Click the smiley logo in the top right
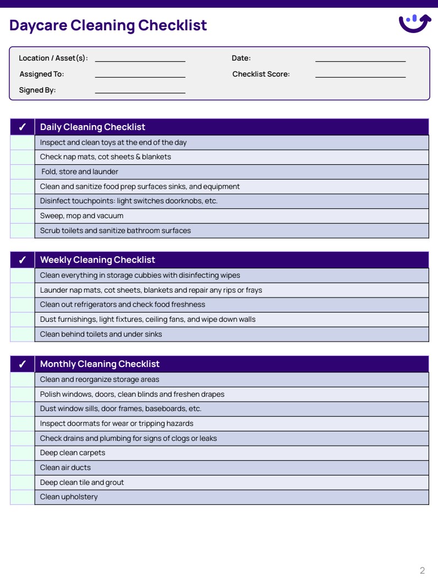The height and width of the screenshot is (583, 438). pyautogui.click(x=414, y=23)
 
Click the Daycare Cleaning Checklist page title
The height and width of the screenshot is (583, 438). pyautogui.click(x=108, y=25)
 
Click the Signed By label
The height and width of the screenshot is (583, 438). pyautogui.click(x=37, y=90)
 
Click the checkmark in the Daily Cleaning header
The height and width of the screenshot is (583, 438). pyautogui.click(x=23, y=127)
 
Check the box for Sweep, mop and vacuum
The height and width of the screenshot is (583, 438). pyautogui.click(x=23, y=216)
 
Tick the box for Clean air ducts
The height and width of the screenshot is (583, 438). pyautogui.click(x=23, y=468)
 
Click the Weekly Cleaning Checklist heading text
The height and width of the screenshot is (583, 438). pyautogui.click(x=97, y=260)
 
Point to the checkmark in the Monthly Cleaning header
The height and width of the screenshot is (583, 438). pyautogui.click(x=23, y=364)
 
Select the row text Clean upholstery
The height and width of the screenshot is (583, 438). pyautogui.click(x=69, y=497)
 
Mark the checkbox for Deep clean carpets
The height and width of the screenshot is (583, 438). pyautogui.click(x=23, y=453)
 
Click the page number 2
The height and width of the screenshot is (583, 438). pyautogui.click(x=422, y=570)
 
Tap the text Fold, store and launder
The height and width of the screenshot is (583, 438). pyautogui.click(x=80, y=172)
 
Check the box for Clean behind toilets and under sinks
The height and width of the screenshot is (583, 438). pyautogui.click(x=23, y=334)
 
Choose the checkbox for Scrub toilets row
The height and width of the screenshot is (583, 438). pyautogui.click(x=23, y=231)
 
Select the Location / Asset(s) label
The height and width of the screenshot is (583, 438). pyautogui.click(x=53, y=58)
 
